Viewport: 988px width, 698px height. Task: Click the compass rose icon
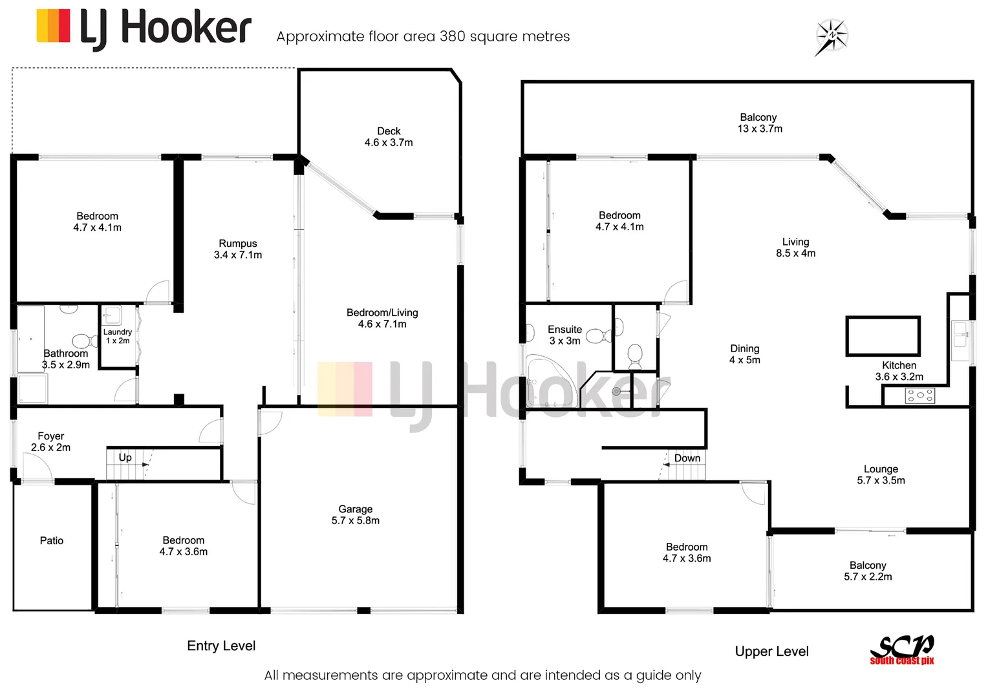(832, 36)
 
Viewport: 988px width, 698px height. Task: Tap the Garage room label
(355, 514)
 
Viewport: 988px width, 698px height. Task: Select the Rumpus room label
(238, 249)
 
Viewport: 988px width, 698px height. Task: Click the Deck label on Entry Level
(389, 136)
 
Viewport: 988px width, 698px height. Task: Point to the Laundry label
(118, 335)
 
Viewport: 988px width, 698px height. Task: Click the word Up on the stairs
(125, 458)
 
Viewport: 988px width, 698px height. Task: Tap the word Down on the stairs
(687, 458)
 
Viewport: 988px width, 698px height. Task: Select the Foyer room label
(51, 441)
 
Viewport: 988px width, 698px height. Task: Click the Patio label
(52, 540)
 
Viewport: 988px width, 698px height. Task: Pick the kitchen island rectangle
(883, 336)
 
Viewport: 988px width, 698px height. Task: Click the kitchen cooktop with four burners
(919, 396)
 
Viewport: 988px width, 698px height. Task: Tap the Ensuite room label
(564, 335)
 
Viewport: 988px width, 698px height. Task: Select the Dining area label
(745, 354)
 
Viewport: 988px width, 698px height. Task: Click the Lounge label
(881, 474)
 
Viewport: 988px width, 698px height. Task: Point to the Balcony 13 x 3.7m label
(759, 123)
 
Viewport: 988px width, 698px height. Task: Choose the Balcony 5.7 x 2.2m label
(868, 571)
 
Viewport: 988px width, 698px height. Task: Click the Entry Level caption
(221, 646)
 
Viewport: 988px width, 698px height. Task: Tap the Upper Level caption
(771, 651)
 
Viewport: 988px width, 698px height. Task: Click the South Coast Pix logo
(902, 649)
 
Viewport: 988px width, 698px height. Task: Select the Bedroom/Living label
(382, 318)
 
